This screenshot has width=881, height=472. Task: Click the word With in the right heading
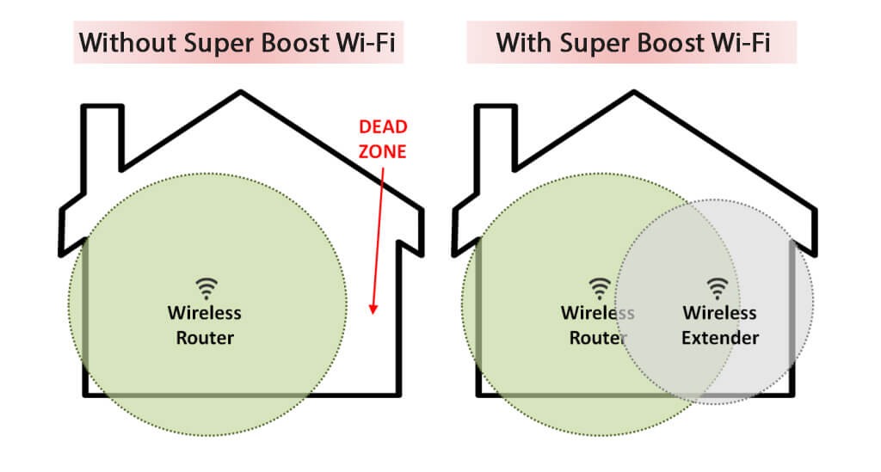524,42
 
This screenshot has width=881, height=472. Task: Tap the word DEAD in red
383,127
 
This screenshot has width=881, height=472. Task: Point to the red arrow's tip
373,313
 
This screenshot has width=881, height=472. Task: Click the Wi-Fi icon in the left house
205,288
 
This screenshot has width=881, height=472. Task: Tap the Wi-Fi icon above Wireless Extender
718,288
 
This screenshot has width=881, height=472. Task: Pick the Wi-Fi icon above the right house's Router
599,288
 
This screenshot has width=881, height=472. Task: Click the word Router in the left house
205,338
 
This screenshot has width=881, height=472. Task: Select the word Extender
720,338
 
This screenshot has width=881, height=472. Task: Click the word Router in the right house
599,338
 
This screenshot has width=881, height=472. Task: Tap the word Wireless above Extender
719,313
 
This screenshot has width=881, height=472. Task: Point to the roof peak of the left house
241,94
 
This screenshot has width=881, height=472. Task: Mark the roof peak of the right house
635,94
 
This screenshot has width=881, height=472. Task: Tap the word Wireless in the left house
205,313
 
